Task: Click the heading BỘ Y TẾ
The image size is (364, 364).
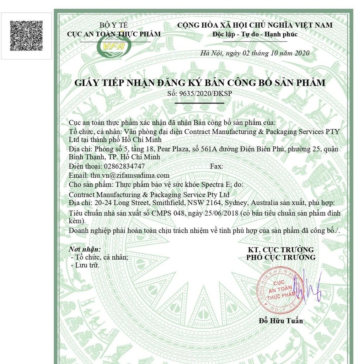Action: click(x=114, y=25)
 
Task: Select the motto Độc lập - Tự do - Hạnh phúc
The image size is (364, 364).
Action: click(x=255, y=34)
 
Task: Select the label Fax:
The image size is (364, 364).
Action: click(x=216, y=166)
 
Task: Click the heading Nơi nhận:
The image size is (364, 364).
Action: click(x=85, y=250)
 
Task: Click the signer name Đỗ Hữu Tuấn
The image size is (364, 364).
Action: click(x=281, y=321)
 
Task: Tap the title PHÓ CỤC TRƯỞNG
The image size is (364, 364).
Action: click(x=281, y=257)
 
